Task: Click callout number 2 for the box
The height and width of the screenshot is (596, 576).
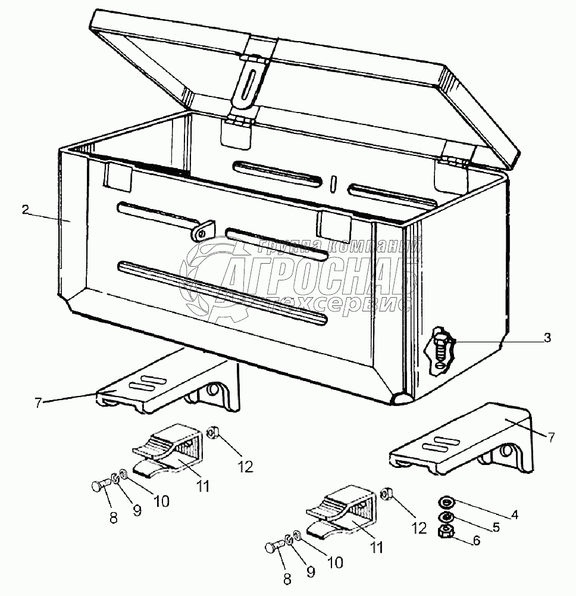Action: [25, 210]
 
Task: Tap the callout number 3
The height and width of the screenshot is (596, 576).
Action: [547, 338]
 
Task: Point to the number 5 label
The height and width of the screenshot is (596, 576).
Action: [496, 527]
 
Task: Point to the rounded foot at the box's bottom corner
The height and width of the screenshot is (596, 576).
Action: [400, 400]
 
